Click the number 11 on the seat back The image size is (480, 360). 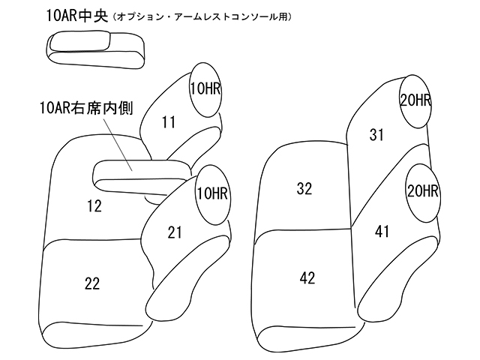(x=168, y=120)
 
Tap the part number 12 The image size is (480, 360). (x=94, y=205)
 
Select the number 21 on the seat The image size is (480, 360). (x=175, y=233)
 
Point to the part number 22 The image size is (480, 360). (x=92, y=283)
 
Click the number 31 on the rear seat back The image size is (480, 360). (x=376, y=134)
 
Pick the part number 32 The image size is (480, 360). (x=304, y=189)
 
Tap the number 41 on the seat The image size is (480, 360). (x=382, y=232)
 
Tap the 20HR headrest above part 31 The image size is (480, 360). (x=415, y=100)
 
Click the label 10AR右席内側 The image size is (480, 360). (x=86, y=109)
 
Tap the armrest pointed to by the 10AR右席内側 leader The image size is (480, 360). (x=139, y=175)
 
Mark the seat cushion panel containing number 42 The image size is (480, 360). (x=304, y=281)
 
